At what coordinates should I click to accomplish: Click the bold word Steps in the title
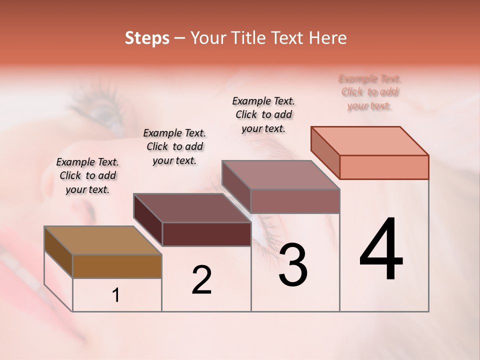[x=147, y=38]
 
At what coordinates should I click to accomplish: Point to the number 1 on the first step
[x=116, y=295]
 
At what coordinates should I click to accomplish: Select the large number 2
[x=201, y=280]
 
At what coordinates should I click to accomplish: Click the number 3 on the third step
[x=293, y=265]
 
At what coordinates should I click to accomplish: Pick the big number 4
[x=381, y=249]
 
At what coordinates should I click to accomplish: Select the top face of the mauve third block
[x=280, y=175]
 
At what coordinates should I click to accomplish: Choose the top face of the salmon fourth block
[x=369, y=141]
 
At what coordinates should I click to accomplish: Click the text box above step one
[x=87, y=175]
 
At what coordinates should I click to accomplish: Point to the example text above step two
[x=174, y=146]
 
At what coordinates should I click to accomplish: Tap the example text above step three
[x=263, y=114]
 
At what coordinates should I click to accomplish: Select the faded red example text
[x=370, y=92]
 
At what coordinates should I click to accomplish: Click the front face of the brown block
[x=117, y=266]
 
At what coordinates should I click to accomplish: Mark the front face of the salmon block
[x=384, y=167]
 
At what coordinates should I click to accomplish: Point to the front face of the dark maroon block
[x=206, y=234]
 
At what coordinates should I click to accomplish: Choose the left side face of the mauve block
[x=236, y=186]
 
